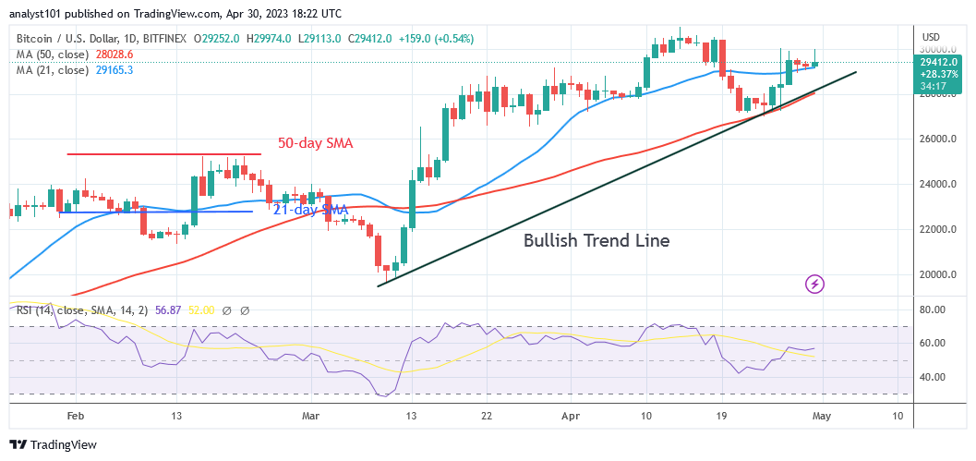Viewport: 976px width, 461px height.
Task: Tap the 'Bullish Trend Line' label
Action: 596,241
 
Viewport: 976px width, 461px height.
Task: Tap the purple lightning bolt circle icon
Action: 814,284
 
